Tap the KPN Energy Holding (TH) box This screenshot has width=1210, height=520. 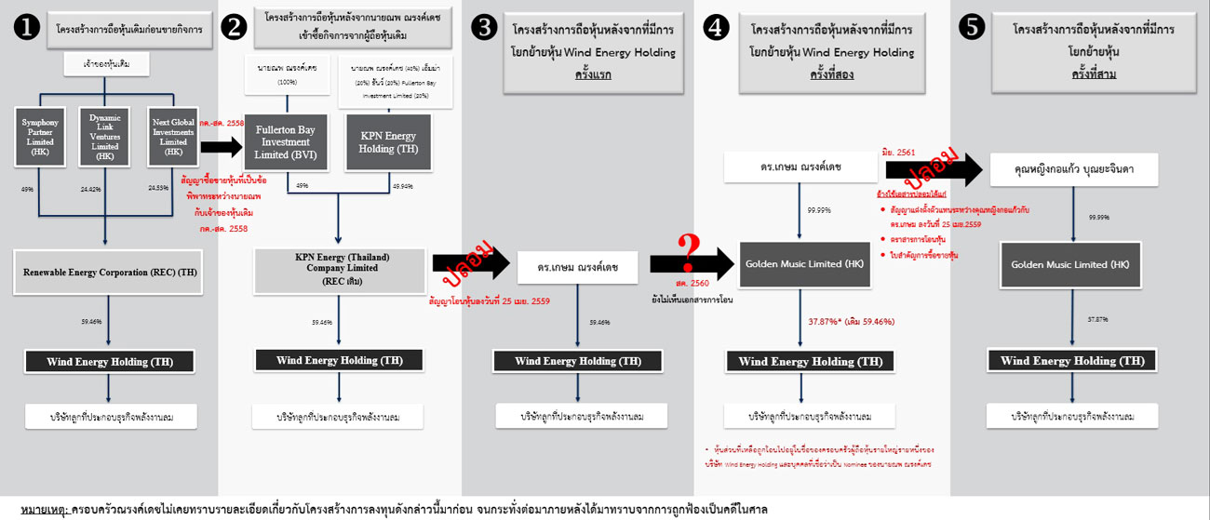(x=387, y=142)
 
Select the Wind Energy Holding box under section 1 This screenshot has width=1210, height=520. (x=109, y=361)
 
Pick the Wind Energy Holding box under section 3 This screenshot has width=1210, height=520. (x=578, y=361)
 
